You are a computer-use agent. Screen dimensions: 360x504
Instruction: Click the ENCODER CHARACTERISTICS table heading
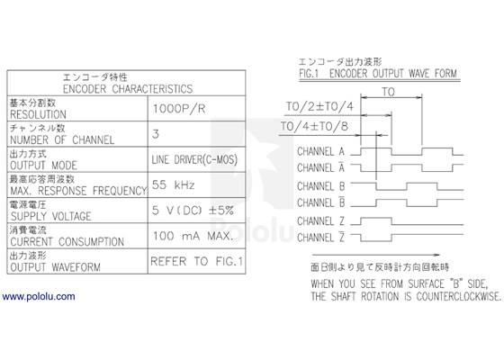pyautogui.click(x=123, y=89)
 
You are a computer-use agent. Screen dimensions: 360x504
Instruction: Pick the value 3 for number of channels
pyautogui.click(x=156, y=133)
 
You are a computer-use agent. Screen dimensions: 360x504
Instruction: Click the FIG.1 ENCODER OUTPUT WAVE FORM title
pyautogui.click(x=378, y=73)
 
